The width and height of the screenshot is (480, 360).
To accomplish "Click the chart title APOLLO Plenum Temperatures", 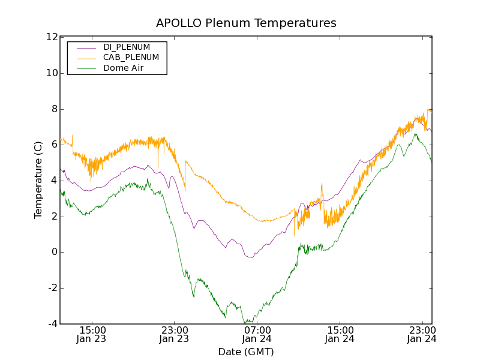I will [x=246, y=23].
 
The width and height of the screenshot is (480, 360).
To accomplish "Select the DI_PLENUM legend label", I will [x=127, y=47].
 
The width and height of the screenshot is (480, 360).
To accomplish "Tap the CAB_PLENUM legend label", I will [x=131, y=58].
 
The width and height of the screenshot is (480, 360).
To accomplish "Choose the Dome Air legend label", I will [x=124, y=68].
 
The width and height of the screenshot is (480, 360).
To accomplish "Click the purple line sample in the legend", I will [x=86, y=47].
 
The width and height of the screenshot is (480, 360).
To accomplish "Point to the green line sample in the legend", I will [x=86, y=68].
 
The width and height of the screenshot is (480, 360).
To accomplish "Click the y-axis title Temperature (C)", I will [x=38, y=180].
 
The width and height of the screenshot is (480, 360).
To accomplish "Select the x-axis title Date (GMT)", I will [x=246, y=352].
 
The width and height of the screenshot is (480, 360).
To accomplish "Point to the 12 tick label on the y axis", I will [x=52, y=37].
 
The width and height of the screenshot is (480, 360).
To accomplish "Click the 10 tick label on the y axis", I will [x=52, y=73].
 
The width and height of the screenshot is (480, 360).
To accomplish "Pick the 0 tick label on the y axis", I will [x=54, y=252].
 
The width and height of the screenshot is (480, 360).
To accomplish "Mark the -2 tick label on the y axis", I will [x=52, y=288].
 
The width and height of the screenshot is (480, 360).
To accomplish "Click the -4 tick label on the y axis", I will [x=52, y=324].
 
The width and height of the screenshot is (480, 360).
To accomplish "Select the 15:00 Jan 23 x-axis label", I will [x=92, y=335].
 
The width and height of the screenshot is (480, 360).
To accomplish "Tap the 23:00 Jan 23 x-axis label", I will [x=175, y=335].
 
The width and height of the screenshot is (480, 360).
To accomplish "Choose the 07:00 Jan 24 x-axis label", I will [x=257, y=335].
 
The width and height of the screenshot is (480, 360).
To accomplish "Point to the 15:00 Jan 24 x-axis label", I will [x=340, y=335].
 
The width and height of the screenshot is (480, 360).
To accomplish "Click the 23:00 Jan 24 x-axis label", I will [x=422, y=335].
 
